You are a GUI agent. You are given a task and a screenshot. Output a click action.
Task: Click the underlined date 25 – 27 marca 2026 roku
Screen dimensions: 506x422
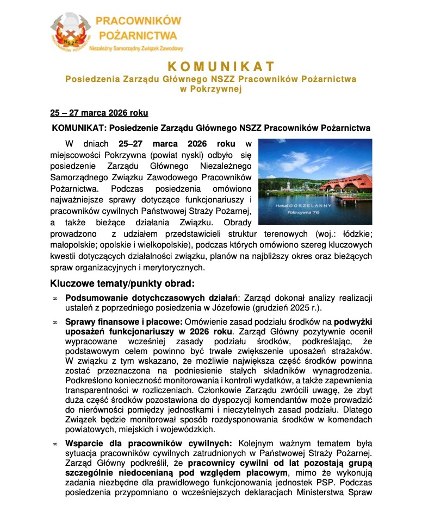click(x=99, y=113)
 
